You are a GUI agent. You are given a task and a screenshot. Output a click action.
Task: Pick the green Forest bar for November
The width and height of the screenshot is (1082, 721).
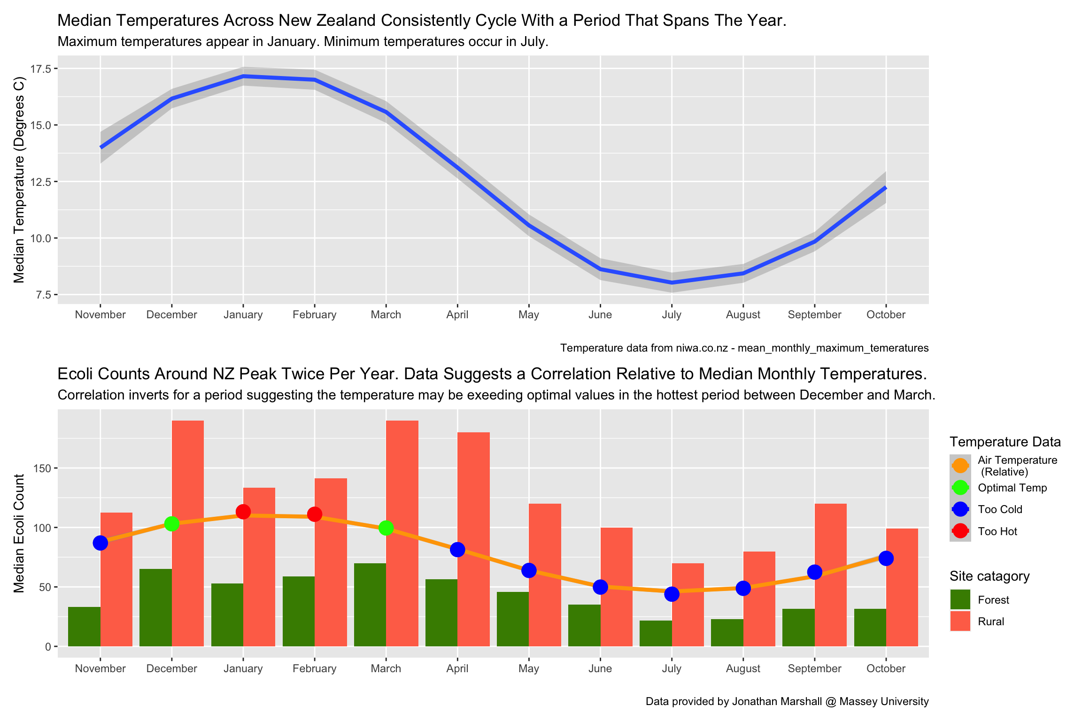pyautogui.click(x=84, y=627)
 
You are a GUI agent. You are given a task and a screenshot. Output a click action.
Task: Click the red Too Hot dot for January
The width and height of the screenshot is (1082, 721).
pyautogui.click(x=243, y=512)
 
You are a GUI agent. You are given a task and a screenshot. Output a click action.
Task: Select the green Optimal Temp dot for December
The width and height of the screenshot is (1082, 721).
pyautogui.click(x=172, y=523)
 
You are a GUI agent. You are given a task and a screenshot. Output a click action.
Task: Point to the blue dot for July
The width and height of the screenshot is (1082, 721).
pyautogui.click(x=672, y=594)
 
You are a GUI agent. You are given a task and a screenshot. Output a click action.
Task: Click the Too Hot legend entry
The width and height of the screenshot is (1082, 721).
pyautogui.click(x=997, y=531)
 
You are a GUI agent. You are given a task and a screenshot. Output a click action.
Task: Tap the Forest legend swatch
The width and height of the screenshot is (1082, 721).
pyautogui.click(x=960, y=600)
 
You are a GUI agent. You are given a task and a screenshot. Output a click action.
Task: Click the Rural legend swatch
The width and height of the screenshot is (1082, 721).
pyautogui.click(x=960, y=621)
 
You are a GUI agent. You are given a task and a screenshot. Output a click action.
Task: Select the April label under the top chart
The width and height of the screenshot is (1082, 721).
pyautogui.click(x=457, y=314)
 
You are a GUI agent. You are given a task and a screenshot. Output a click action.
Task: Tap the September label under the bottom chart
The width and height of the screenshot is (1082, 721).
pyautogui.click(x=814, y=668)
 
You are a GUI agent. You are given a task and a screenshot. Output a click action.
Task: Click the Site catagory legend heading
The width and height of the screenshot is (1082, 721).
pyautogui.click(x=989, y=576)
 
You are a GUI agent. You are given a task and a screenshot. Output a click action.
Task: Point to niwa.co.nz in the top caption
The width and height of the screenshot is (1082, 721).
pyautogui.click(x=702, y=348)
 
